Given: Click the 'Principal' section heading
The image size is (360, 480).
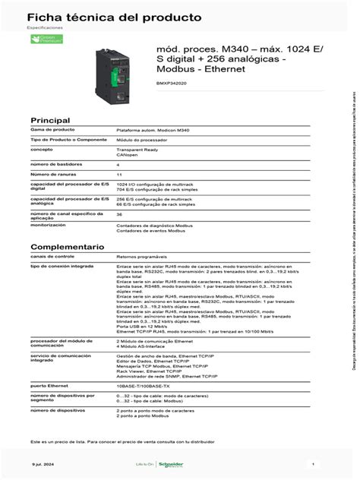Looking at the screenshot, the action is click(x=49, y=121).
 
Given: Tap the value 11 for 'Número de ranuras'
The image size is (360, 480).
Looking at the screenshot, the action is click(x=118, y=174).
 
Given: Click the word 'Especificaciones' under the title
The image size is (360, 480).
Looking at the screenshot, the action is click(x=46, y=27).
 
